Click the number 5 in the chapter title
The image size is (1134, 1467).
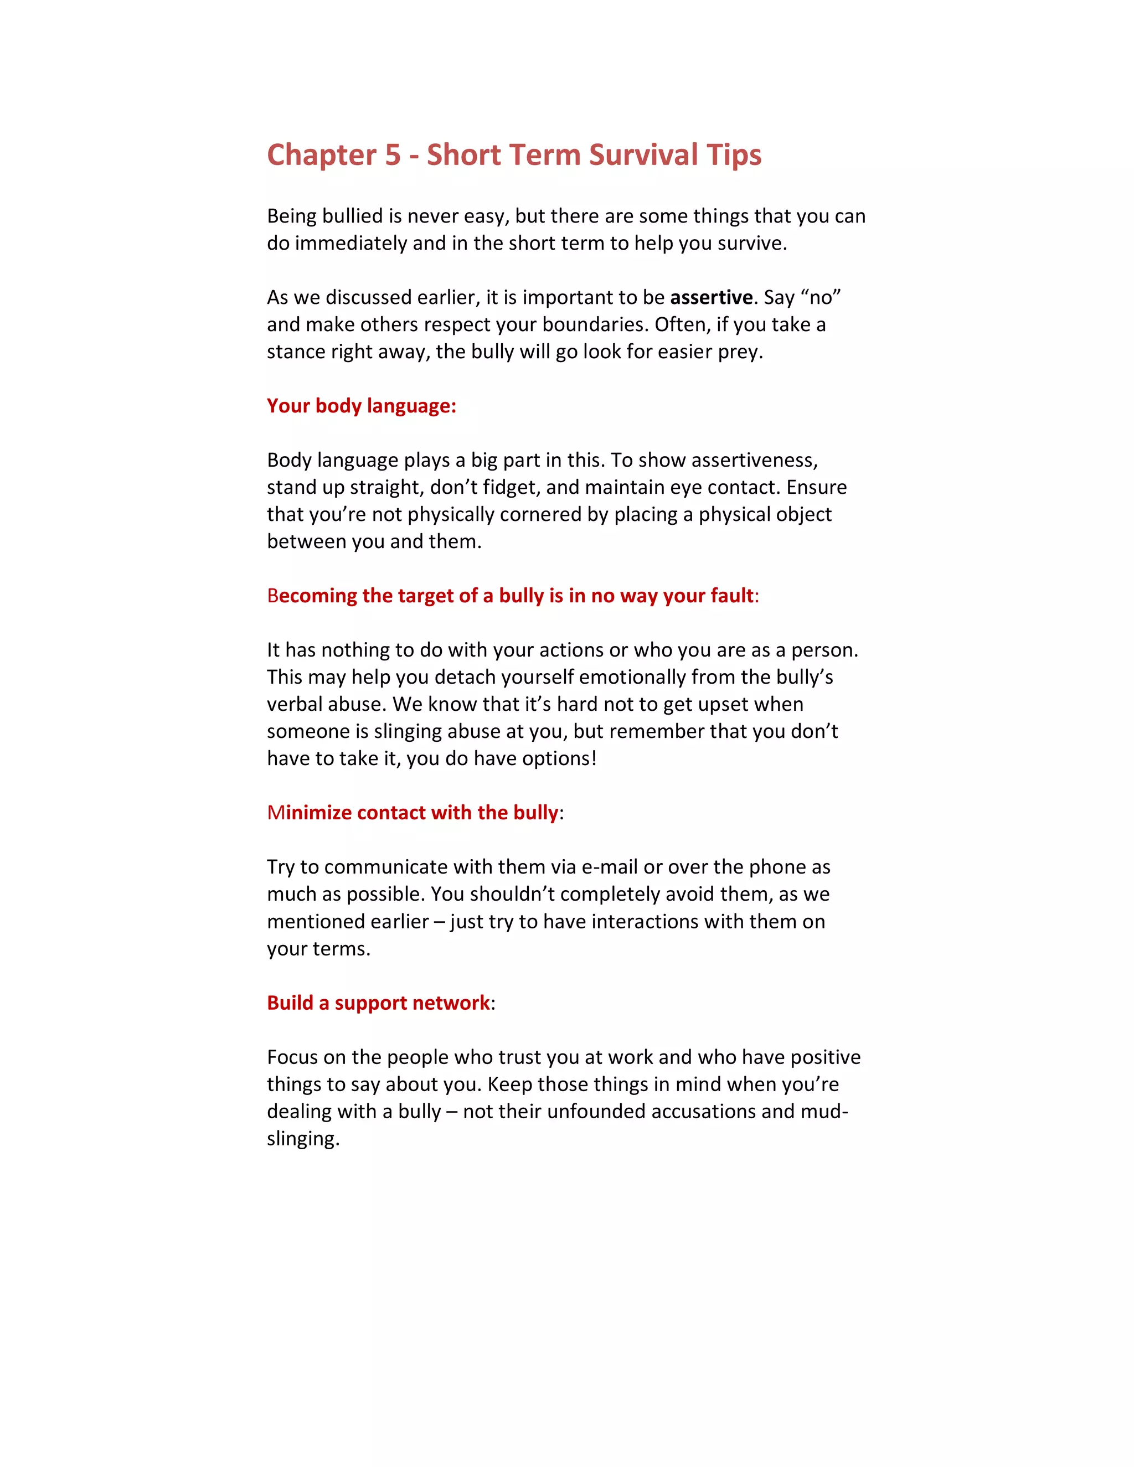(393, 155)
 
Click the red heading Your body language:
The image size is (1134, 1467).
(362, 406)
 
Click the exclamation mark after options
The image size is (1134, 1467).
(594, 758)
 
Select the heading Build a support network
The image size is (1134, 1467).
(378, 1003)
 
